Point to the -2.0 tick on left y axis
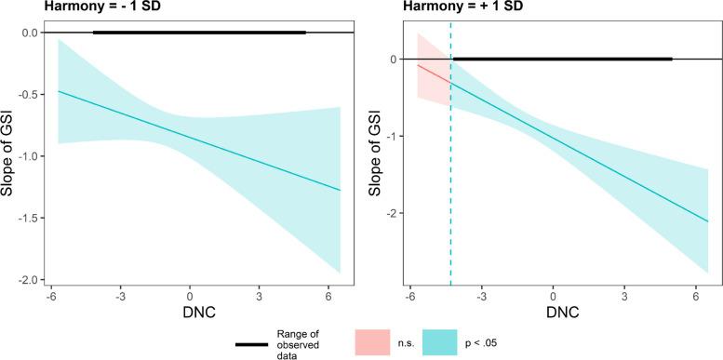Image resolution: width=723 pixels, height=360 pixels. pyautogui.click(x=32, y=280)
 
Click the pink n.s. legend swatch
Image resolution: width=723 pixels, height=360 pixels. pyautogui.click(x=373, y=341)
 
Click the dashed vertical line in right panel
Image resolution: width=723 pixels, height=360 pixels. pyautogui.click(x=450, y=186)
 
